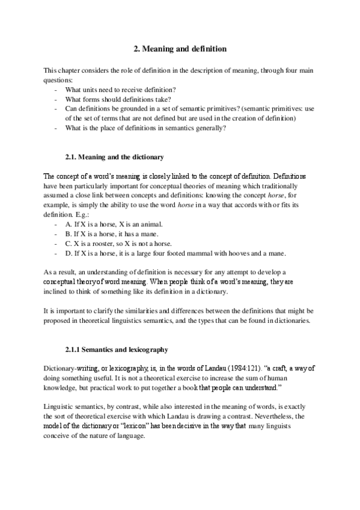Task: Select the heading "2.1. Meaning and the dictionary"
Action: pos(114,157)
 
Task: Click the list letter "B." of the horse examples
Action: pos(68,233)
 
